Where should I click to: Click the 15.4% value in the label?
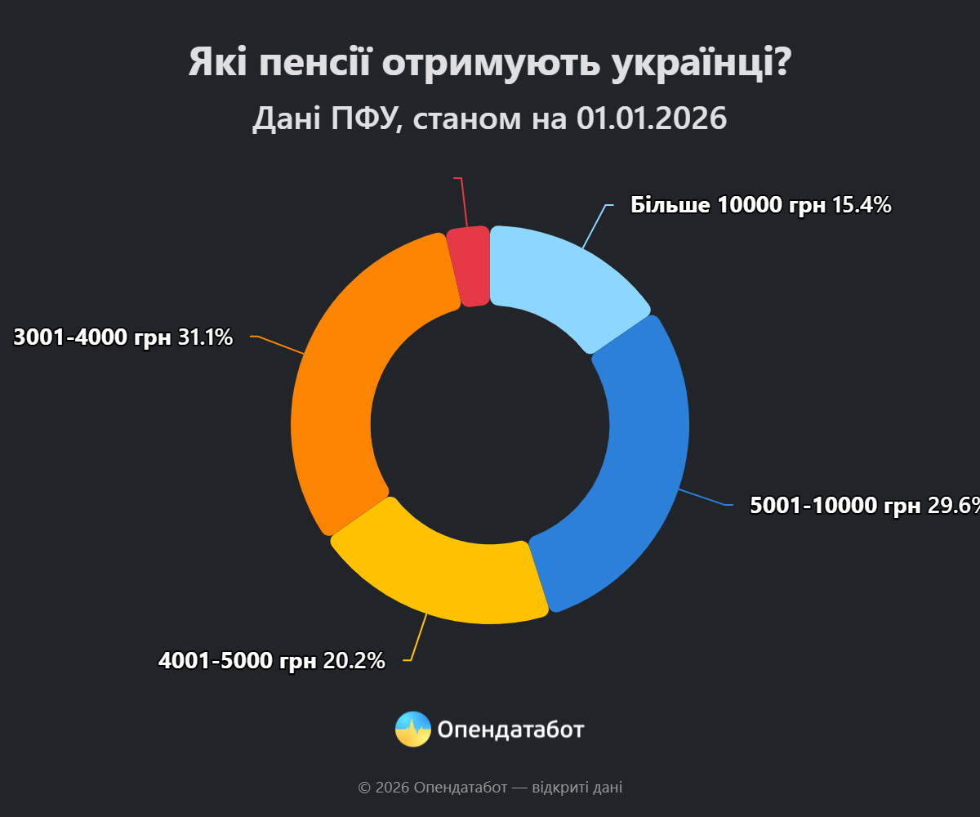tap(861, 205)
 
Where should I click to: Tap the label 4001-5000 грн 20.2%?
tap(271, 661)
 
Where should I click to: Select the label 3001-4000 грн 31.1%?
tap(122, 337)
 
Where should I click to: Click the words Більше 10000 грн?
tap(728, 205)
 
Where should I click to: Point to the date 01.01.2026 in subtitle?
tap(651, 118)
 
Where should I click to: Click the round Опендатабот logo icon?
tap(412, 729)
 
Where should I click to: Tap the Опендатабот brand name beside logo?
tap(510, 729)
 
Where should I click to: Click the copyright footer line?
tap(490, 788)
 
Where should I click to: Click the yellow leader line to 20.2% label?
tap(420, 637)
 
